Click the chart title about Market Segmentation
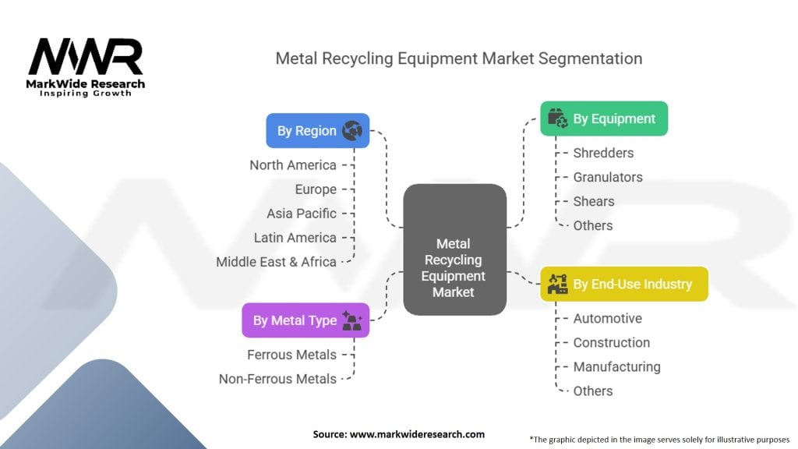click(x=458, y=58)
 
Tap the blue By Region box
click(x=317, y=131)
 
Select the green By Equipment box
click(x=604, y=119)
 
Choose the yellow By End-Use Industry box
click(x=623, y=284)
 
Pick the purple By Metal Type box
click(x=305, y=320)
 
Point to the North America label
click(x=293, y=165)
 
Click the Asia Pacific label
click(x=302, y=214)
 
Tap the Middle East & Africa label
click(x=276, y=262)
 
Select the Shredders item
click(x=603, y=153)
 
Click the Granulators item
click(x=608, y=177)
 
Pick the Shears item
click(x=594, y=201)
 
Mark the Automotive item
click(x=608, y=318)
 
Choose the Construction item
click(x=612, y=342)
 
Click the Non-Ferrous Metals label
click(x=277, y=379)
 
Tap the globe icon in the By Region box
click(x=352, y=131)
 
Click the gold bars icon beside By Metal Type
click(x=351, y=320)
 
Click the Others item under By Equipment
click(x=593, y=225)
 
